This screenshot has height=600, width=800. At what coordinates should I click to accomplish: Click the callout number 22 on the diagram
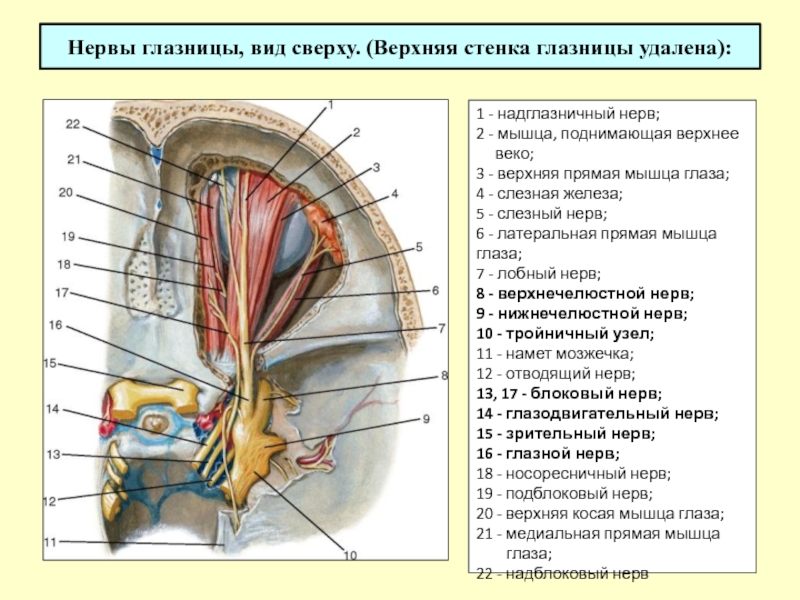73,124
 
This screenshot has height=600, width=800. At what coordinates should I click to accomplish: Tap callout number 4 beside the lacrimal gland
394,194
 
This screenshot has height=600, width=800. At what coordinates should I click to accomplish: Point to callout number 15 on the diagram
50,363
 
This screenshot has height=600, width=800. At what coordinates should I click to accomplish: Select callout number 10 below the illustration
351,555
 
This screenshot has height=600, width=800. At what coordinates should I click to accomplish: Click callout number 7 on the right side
442,329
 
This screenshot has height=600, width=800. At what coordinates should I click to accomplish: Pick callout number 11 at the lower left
49,542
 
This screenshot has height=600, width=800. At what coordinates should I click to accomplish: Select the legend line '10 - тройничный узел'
565,334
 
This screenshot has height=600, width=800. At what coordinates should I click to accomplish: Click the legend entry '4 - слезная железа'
549,194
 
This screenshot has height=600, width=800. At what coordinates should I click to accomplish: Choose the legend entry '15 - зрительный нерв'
566,434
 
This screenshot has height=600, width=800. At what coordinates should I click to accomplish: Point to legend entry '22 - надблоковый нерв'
562,574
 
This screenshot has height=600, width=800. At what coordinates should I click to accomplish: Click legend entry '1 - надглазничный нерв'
568,113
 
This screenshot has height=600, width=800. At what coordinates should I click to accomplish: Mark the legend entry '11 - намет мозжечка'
555,354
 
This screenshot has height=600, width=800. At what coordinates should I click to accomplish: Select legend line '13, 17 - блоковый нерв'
569,394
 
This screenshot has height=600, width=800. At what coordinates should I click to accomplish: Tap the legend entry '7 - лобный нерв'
539,274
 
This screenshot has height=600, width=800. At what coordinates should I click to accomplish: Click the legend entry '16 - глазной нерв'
548,454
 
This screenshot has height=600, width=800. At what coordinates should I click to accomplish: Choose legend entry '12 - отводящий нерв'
556,374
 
